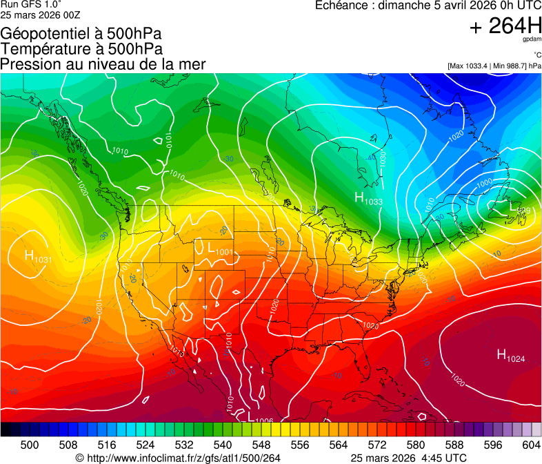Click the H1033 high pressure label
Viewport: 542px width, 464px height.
(x=368, y=199)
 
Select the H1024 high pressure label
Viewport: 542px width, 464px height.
(x=511, y=356)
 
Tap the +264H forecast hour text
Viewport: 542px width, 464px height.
(x=505, y=26)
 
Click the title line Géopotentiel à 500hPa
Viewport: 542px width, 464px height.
(x=81, y=33)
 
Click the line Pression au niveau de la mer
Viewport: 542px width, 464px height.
(x=103, y=64)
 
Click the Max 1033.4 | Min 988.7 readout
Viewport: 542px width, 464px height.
(x=494, y=66)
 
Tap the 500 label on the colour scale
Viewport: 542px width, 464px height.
(x=30, y=444)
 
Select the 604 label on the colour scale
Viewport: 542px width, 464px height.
(x=532, y=444)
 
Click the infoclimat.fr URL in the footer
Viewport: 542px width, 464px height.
(x=178, y=458)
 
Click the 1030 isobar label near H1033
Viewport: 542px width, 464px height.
(x=383, y=160)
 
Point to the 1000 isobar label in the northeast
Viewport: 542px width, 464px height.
(x=485, y=182)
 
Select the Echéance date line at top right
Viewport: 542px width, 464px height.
(x=428, y=6)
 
